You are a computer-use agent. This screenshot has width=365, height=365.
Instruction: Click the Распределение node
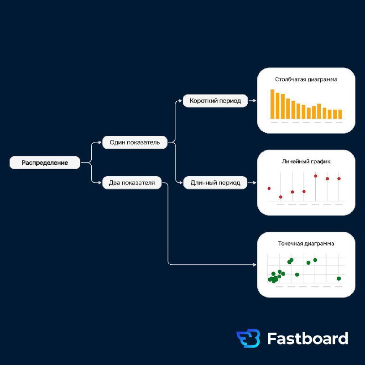(45, 162)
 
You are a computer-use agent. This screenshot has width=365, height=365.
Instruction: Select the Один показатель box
(135, 142)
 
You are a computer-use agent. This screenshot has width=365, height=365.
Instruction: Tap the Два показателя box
(132, 182)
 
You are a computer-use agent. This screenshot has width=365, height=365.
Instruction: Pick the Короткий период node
(215, 100)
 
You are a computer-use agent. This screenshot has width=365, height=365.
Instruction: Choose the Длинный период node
(215, 182)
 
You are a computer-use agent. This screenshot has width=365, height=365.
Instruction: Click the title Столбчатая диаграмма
(306, 79)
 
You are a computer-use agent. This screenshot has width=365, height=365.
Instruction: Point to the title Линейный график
(306, 162)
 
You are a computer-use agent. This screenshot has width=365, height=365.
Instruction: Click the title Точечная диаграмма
(306, 244)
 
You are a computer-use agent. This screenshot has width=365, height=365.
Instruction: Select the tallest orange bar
(272, 104)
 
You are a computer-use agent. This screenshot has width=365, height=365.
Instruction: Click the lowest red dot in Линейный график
(281, 197)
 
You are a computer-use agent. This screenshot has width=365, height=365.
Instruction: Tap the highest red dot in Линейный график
(316, 176)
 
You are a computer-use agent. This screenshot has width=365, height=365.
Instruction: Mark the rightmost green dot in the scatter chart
(339, 278)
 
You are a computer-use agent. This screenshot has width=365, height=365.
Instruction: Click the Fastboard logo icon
(248, 338)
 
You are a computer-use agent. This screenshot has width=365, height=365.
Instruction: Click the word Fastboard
(308, 338)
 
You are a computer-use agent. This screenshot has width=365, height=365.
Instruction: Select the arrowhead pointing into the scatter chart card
(255, 265)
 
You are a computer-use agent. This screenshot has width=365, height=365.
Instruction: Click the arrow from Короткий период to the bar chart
(252, 100)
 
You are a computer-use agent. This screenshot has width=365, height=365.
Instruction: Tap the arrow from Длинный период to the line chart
(252, 183)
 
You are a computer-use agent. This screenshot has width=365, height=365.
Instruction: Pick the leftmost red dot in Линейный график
(269, 188)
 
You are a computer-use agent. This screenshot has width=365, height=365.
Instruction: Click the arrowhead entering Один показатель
(100, 142)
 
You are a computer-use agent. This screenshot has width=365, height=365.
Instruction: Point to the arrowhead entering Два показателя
(100, 182)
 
